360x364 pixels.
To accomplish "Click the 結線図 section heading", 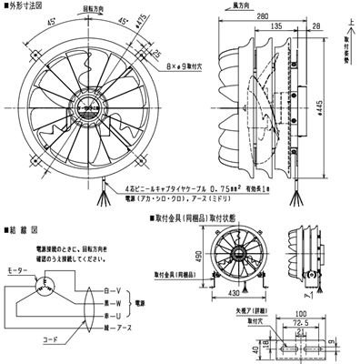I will point(21,219).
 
